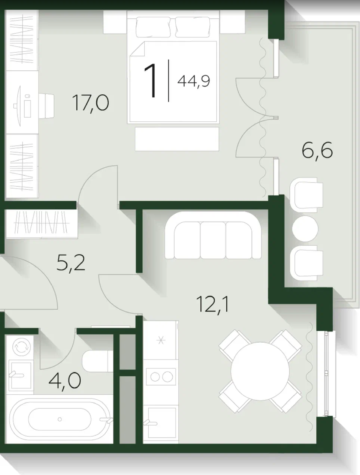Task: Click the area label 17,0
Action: coord(91,103)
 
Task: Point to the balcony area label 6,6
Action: coord(317,151)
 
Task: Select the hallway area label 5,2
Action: coord(71,263)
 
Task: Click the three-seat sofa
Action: coord(213,235)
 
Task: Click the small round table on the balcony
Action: coord(305,229)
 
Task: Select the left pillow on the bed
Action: coord(153,27)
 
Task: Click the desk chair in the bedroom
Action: coord(46,106)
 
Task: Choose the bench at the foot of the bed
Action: coord(177,139)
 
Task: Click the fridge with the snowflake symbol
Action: coord(161,340)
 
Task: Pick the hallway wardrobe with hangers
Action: coord(42,224)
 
